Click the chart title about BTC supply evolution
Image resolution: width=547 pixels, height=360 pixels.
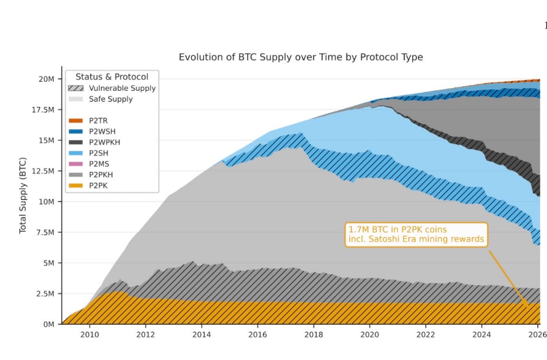[x=300, y=57]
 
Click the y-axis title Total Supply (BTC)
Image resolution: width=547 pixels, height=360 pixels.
[x=23, y=195]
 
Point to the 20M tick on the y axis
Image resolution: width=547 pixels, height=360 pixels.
[x=47, y=79]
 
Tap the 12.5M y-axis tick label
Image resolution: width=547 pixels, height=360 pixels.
[x=43, y=171]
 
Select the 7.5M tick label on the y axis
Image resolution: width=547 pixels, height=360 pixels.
[x=45, y=232]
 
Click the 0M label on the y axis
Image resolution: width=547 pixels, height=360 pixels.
[x=48, y=324]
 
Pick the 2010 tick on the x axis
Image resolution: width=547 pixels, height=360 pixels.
[x=90, y=334]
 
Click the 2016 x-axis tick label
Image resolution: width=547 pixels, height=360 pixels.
[x=257, y=334]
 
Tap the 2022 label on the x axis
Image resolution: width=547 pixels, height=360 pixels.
[x=425, y=334]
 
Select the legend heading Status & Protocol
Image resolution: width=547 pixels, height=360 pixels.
[x=112, y=77]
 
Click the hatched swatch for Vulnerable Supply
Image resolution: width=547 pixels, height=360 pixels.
[x=76, y=88]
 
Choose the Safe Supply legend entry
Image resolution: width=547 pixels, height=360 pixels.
[x=101, y=99]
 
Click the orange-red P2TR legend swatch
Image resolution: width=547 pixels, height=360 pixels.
[x=76, y=121]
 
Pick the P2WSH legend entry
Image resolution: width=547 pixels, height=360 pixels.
[x=92, y=132]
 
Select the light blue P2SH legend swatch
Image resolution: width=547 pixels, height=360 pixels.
[x=76, y=153]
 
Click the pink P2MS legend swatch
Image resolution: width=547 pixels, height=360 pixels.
[x=76, y=164]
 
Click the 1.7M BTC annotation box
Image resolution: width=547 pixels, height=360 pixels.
[x=416, y=235]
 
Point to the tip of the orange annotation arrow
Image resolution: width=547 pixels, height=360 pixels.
[x=528, y=305]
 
